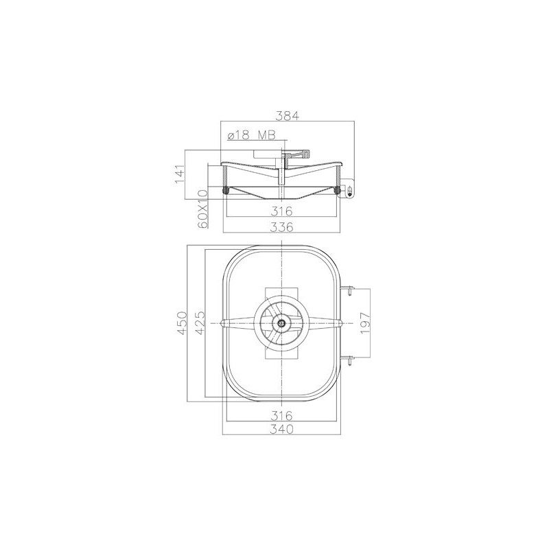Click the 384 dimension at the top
[287, 115]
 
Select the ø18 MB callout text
[251, 135]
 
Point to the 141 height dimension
[180, 174]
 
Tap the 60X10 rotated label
[202, 209]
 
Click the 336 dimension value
[282, 227]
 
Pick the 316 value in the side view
[282, 211]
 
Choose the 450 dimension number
[182, 323]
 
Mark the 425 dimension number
[200, 323]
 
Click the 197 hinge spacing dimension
[365, 323]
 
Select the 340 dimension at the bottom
[282, 429]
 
